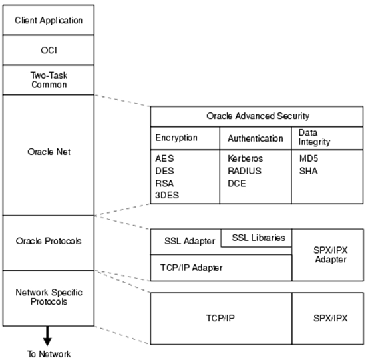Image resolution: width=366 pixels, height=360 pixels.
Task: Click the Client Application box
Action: click(x=49, y=20)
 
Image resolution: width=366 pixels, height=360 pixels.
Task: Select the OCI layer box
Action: click(x=49, y=50)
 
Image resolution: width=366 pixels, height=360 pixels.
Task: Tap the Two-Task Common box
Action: click(x=49, y=80)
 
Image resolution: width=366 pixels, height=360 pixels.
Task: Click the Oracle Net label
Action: click(x=49, y=152)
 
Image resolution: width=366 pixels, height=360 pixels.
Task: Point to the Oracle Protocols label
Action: click(x=49, y=241)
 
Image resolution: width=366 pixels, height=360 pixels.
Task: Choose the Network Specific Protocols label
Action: click(x=49, y=297)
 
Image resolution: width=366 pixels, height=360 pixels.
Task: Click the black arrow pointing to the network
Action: click(x=47, y=336)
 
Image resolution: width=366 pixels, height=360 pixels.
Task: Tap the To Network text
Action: click(x=49, y=354)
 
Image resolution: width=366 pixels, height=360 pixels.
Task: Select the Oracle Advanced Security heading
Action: click(x=258, y=116)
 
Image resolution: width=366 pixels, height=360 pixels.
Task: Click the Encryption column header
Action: click(x=176, y=138)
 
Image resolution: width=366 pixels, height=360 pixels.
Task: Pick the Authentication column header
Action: click(x=256, y=138)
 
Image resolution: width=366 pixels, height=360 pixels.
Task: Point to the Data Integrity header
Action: click(x=314, y=137)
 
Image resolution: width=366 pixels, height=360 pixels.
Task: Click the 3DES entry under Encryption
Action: click(x=167, y=195)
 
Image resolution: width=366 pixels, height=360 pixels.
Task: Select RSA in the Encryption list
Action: click(x=164, y=183)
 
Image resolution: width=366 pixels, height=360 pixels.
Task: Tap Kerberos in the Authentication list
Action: click(x=245, y=158)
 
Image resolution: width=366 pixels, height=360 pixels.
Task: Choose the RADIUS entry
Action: click(x=244, y=171)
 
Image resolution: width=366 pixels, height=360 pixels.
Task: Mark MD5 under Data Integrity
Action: click(x=309, y=158)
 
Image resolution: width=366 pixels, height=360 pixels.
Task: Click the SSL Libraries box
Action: click(x=256, y=238)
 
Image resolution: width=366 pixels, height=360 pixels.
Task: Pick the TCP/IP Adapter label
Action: click(x=191, y=268)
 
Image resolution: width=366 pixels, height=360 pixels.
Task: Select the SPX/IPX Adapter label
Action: click(x=331, y=255)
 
